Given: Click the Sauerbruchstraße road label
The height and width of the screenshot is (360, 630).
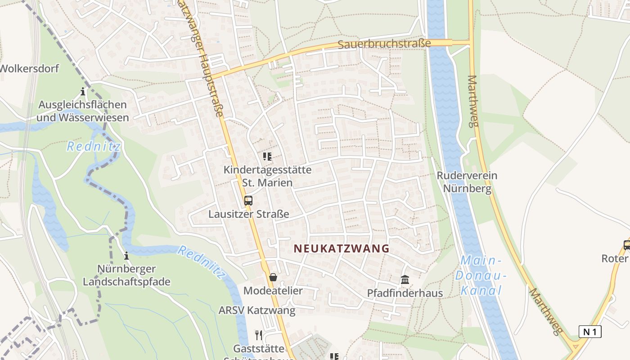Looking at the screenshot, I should coord(384,44).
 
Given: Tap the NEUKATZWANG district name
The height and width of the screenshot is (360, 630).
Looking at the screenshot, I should coord(342,248).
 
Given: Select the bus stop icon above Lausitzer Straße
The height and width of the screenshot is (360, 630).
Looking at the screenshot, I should coord(248,201).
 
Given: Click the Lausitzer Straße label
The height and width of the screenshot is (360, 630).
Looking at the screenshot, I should coord(248,214).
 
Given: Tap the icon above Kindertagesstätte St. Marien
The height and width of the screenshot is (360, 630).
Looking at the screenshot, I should coord(267,157).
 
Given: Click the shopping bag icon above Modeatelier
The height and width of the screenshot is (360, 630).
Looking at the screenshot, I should coord(273,277).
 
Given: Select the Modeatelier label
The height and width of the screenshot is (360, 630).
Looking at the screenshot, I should coord(273,291).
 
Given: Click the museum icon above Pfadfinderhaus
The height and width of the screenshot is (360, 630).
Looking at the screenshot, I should coord(405,280).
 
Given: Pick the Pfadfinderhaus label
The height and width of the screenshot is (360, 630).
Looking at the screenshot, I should coord(405,293).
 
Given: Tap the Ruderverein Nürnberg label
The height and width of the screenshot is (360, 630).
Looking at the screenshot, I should coord(467,182).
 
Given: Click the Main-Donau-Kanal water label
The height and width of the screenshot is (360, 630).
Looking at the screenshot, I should coord(481,275).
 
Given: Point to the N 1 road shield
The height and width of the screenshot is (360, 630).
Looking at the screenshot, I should coord(590,332).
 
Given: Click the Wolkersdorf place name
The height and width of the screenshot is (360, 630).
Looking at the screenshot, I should coord(29,69).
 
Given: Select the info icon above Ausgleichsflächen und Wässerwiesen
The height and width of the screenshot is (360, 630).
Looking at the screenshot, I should coord(83,92).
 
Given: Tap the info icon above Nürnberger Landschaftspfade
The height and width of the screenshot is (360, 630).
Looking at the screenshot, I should coord(126,256).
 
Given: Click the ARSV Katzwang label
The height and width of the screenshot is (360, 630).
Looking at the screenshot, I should coord(257,310).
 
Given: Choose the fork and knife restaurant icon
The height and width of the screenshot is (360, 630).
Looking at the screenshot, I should coord(259,335).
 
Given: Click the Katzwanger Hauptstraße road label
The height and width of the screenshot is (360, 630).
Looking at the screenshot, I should coord(200,58).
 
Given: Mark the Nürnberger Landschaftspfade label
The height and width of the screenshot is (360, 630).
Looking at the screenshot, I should coord(126,275).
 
